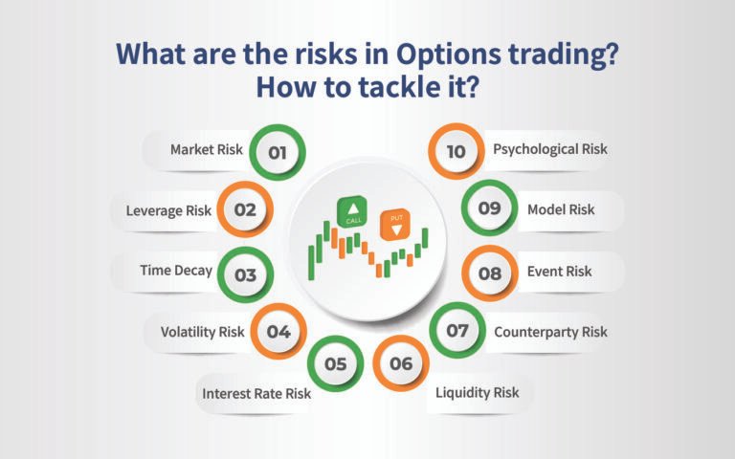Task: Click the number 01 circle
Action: tap(278, 151)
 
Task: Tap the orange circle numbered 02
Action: tap(245, 209)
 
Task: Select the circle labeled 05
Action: tap(335, 363)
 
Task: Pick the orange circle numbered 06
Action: tap(401, 363)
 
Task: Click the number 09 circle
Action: tap(489, 209)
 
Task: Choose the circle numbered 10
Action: tap(457, 151)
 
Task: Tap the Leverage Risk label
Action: tap(168, 209)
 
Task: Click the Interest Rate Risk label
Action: tap(256, 392)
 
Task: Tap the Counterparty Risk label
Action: tap(550, 332)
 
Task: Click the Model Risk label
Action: tap(560, 209)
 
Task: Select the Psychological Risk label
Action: tap(549, 150)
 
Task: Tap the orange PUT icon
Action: tap(392, 225)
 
